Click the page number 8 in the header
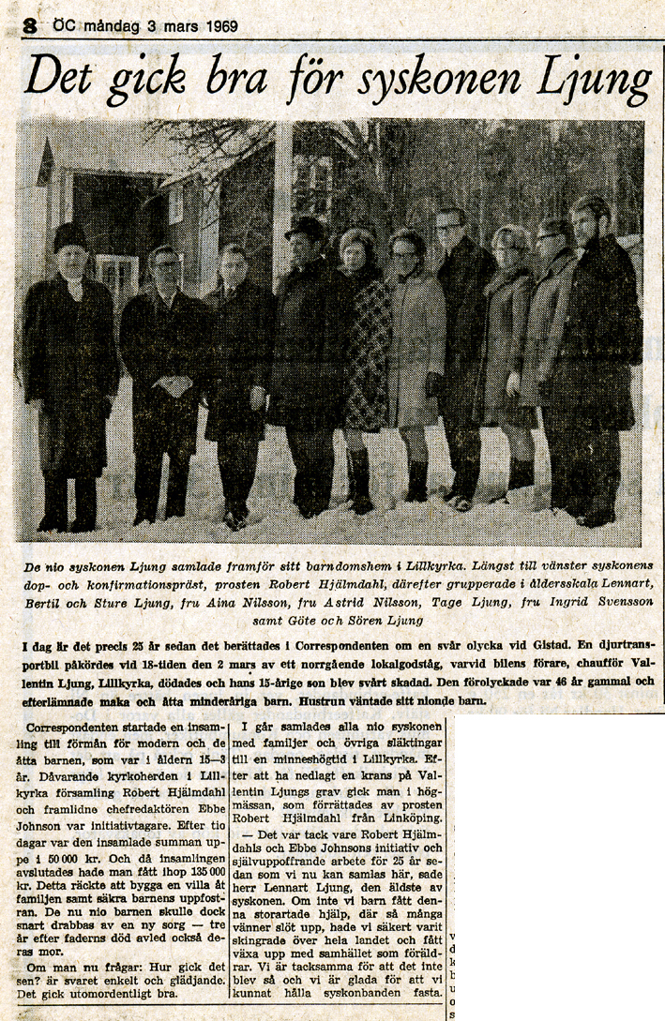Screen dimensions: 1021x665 tap(31, 26)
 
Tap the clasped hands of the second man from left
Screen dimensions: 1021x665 tap(174, 384)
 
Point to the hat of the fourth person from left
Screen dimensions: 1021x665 tap(305, 228)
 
